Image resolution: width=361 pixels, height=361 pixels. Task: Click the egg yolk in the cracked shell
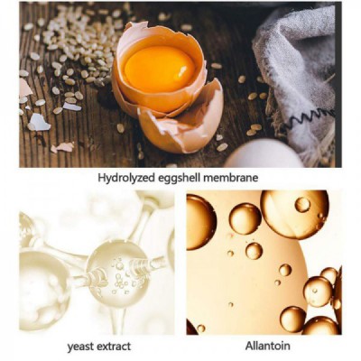[160, 69]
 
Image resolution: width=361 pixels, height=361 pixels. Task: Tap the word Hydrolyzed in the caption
[126, 178]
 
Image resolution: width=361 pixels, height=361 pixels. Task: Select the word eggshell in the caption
[179, 178]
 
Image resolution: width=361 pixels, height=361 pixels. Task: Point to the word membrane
[231, 178]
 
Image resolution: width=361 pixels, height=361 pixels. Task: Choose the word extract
[113, 347]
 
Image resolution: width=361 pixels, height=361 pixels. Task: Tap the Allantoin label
[268, 346]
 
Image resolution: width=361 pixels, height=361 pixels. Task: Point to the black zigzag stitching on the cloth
[310, 118]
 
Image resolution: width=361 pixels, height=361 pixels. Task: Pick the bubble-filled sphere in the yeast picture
[118, 273]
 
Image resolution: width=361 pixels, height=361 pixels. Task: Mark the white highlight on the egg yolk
[182, 71]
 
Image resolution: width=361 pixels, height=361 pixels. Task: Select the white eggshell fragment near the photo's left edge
[39, 123]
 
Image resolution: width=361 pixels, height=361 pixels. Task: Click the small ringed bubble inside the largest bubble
[302, 205]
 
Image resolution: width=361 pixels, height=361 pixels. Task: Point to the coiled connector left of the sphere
[96, 277]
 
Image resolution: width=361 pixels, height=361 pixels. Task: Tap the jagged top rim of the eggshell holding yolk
[160, 33]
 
